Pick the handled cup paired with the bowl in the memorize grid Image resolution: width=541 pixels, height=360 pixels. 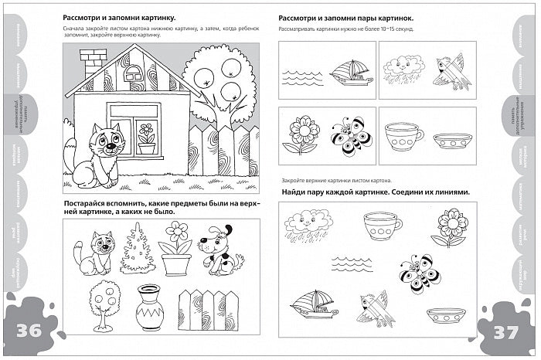[x=403, y=136]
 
